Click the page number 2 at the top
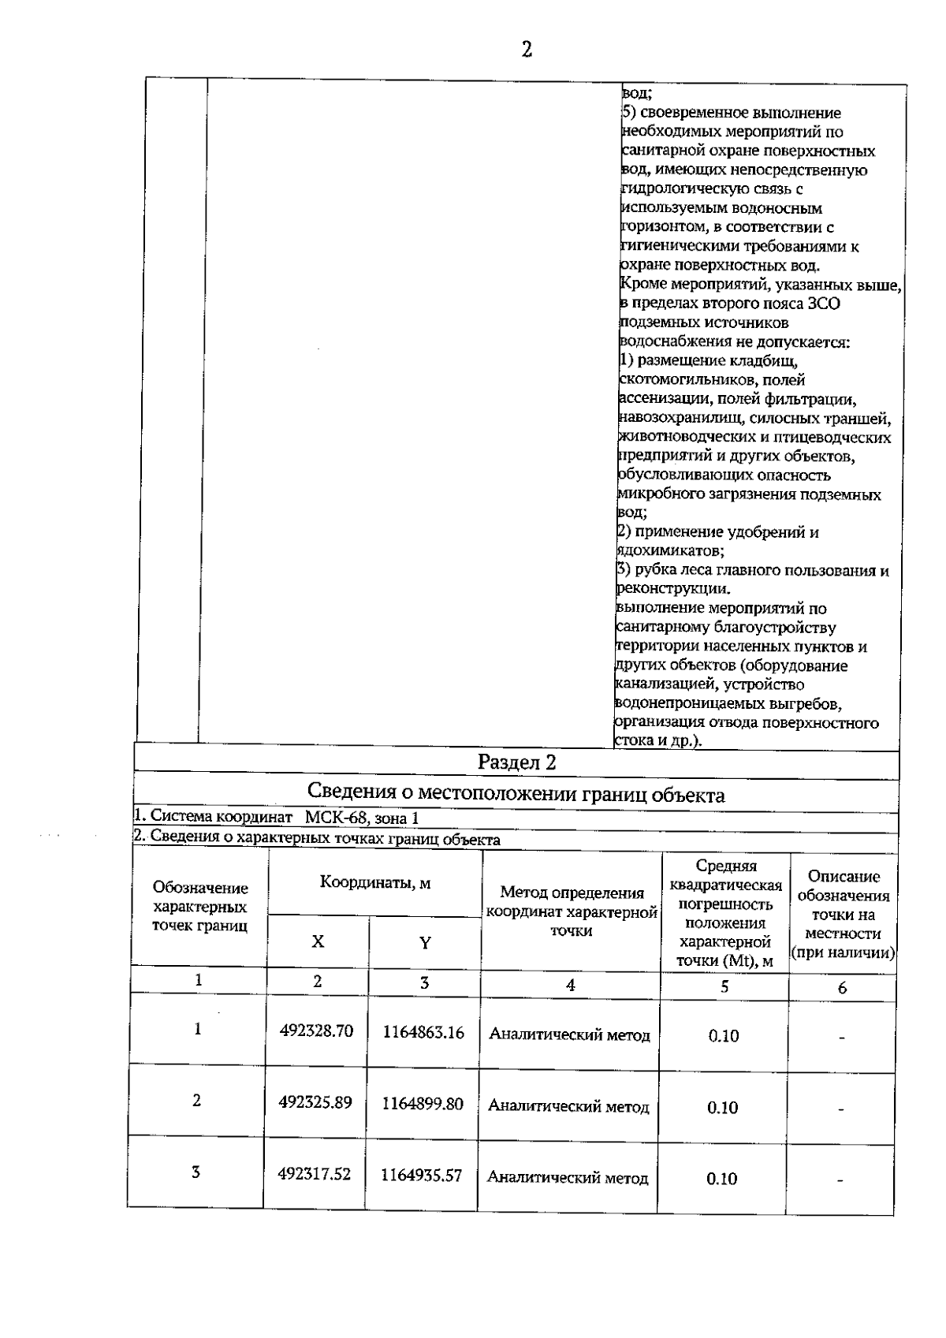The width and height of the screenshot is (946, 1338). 527,50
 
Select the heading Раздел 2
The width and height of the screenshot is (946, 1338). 516,762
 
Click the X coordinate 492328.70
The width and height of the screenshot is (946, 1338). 316,1031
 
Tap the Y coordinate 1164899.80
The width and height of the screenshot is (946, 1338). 423,1104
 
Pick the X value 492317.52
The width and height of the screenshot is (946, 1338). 314,1174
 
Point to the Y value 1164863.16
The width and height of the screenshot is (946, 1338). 423,1032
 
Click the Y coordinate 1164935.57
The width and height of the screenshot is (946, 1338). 421,1176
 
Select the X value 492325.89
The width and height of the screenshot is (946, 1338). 315,1102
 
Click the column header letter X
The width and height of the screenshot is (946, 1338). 318,941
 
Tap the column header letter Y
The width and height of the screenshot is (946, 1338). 425,943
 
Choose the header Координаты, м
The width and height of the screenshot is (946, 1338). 375,882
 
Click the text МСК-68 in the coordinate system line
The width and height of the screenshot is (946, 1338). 337,818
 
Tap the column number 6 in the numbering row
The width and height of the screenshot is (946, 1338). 842,988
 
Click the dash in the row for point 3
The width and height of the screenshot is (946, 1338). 840,1180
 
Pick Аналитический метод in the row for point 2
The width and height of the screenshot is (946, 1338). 568,1107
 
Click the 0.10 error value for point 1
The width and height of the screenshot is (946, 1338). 723,1036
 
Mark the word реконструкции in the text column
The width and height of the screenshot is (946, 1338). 672,589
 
